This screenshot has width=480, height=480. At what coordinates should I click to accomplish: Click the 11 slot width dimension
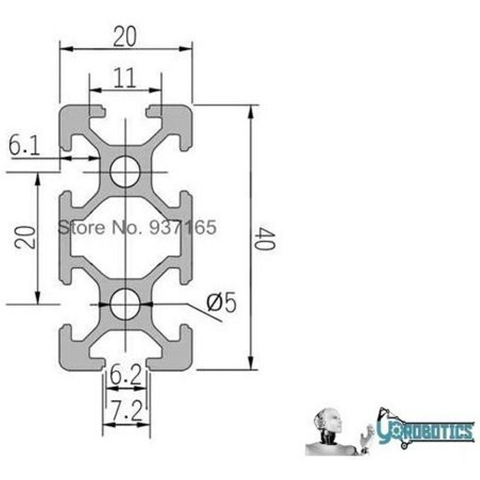coord(124,78)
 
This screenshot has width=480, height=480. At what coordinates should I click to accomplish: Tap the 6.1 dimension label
coord(24,146)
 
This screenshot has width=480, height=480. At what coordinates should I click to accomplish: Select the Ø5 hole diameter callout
coord(221,303)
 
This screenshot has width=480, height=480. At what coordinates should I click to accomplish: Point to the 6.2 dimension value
coord(126,376)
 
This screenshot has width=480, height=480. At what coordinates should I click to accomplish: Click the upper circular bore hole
coord(125,172)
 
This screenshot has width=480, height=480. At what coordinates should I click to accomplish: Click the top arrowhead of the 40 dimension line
coord(251,110)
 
